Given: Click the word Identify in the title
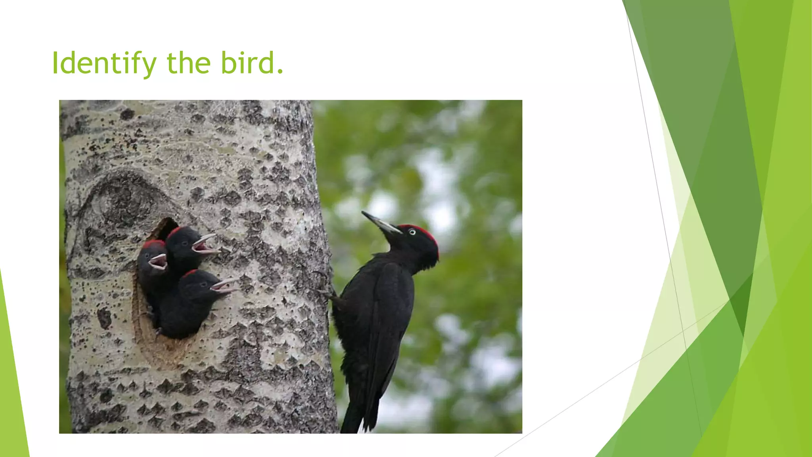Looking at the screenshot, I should [x=104, y=63].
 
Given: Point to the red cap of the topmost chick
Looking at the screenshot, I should [x=175, y=231].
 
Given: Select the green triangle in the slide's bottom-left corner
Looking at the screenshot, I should [x=12, y=397].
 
